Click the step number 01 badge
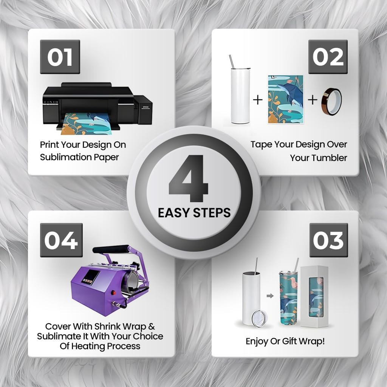(x=60, y=57)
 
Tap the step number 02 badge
(x=328, y=57)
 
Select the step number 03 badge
(x=329, y=240)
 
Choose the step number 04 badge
(x=61, y=240)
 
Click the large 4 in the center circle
(x=189, y=178)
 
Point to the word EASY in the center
(x=173, y=213)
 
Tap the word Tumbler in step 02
(x=331, y=158)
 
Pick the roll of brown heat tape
(x=331, y=101)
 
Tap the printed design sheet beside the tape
(x=286, y=99)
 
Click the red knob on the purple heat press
(x=114, y=293)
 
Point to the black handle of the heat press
(x=111, y=249)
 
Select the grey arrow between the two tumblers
(x=270, y=296)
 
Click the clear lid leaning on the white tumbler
(x=259, y=319)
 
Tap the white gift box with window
(x=314, y=296)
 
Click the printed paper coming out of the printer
(x=87, y=124)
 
